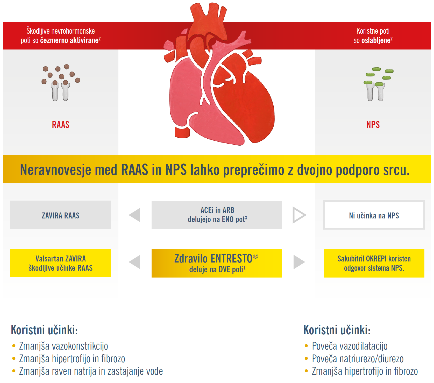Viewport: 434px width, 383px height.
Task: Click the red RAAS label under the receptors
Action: click(61, 125)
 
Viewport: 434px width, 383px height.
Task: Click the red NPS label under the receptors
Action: click(373, 125)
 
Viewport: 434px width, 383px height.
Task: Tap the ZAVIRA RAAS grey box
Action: click(61, 215)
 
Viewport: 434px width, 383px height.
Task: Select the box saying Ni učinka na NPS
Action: click(374, 215)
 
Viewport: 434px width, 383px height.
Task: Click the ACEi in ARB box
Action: click(217, 215)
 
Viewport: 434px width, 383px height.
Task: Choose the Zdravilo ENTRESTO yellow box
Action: click(217, 263)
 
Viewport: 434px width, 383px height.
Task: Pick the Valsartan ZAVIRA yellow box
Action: click(61, 263)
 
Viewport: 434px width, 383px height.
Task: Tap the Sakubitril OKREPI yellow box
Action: click(374, 263)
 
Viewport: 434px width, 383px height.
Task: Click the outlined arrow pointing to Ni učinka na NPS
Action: click(299, 215)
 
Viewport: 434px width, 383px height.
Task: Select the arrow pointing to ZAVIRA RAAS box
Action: click(135, 215)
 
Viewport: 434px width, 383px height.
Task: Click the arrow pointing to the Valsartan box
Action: click(135, 262)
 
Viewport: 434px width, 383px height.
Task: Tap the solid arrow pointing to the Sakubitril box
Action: click(298, 262)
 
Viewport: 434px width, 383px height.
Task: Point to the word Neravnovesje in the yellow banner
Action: click(55, 170)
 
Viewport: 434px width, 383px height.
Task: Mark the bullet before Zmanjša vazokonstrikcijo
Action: click(14, 346)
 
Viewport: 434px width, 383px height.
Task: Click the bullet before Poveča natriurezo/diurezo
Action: click(306, 359)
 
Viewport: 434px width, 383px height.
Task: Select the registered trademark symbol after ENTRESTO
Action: click(255, 256)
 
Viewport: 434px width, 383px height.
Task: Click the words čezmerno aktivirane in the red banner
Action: click(69, 40)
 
